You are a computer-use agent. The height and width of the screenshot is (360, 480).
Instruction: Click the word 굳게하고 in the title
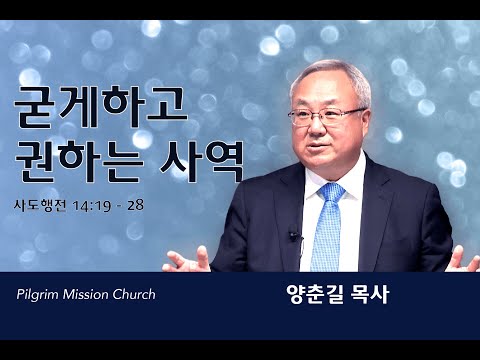pyautogui.click(x=101, y=107)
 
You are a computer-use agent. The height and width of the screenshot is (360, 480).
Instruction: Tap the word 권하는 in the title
pyautogui.click(x=80, y=161)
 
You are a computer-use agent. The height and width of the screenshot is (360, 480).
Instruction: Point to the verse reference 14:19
pyautogui.click(x=92, y=206)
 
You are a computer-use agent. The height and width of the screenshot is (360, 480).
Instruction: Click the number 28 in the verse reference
pyautogui.click(x=135, y=205)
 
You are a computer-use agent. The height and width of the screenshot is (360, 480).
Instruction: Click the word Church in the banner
pyautogui.click(x=134, y=294)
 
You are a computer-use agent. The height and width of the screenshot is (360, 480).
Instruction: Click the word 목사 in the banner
pyautogui.click(x=370, y=294)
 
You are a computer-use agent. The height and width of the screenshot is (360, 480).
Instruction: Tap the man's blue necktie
pyautogui.click(x=328, y=228)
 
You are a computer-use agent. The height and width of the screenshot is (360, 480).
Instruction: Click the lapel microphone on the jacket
pyautogui.click(x=294, y=236)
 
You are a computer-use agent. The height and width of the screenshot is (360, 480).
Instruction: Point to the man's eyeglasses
pyautogui.click(x=327, y=116)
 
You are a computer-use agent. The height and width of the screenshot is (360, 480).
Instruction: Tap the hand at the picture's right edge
pyautogui.click(x=464, y=260)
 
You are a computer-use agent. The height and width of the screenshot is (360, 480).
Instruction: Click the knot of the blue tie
pyautogui.click(x=331, y=192)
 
